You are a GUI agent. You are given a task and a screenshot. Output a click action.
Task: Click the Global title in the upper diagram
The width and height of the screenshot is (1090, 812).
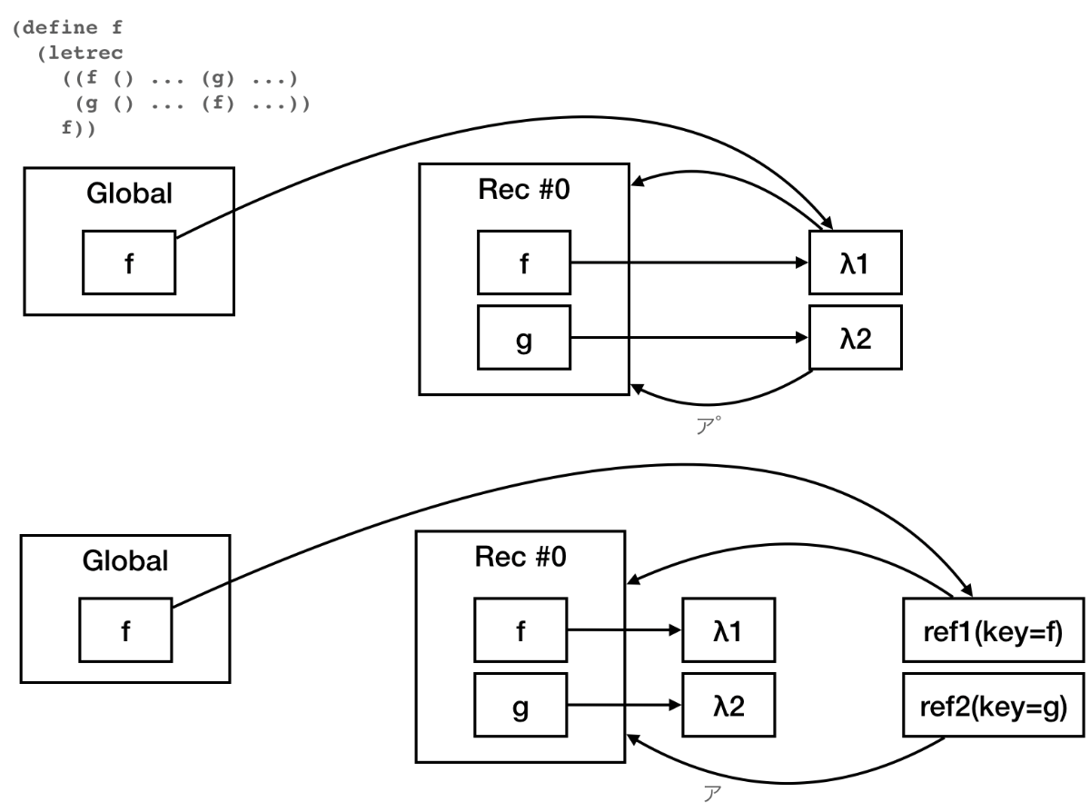point(129,193)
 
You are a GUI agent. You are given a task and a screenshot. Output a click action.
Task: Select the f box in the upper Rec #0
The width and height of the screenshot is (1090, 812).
point(523,263)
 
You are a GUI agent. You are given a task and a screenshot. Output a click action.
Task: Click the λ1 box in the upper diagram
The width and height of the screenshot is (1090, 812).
point(856,263)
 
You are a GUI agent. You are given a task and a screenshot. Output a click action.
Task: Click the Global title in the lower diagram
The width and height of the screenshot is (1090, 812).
point(125,560)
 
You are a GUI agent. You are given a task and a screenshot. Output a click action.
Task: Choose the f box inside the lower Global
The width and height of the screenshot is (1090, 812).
point(125,629)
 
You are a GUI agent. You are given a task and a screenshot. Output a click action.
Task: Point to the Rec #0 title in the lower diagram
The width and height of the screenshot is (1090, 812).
point(520,557)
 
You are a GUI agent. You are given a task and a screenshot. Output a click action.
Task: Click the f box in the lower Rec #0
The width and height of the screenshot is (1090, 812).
point(520,629)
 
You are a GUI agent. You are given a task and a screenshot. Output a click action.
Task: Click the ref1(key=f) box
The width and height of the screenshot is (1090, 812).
point(993,629)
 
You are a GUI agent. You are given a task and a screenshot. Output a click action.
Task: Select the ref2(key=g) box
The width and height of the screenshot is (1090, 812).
point(993,705)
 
